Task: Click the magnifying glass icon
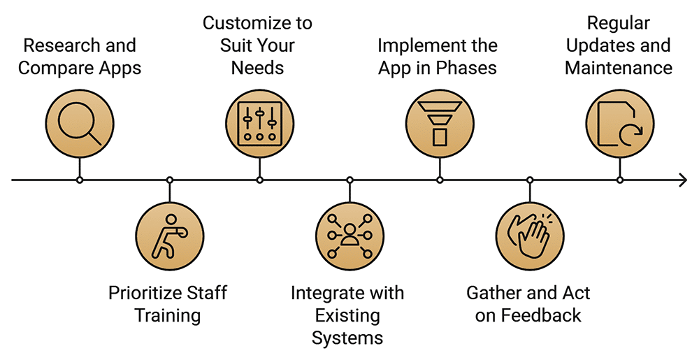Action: (x=79, y=124)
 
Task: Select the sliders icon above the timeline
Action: (x=259, y=124)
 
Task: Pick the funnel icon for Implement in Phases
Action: (x=440, y=124)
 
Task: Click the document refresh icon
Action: (x=619, y=124)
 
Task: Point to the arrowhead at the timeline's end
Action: (x=682, y=180)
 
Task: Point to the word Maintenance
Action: (x=619, y=68)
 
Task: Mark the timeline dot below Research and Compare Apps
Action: (x=79, y=180)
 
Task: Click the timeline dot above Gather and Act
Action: (x=529, y=180)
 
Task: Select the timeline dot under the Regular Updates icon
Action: (x=619, y=180)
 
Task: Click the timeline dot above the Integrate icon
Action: (x=349, y=180)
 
